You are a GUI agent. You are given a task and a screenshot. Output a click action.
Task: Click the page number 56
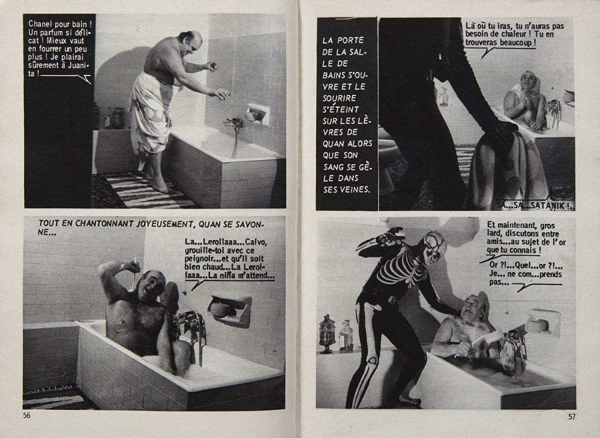(26, 415)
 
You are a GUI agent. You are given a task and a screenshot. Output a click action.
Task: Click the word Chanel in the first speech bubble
(41, 24)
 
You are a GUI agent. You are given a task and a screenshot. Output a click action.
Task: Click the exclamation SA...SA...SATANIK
(528, 204)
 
